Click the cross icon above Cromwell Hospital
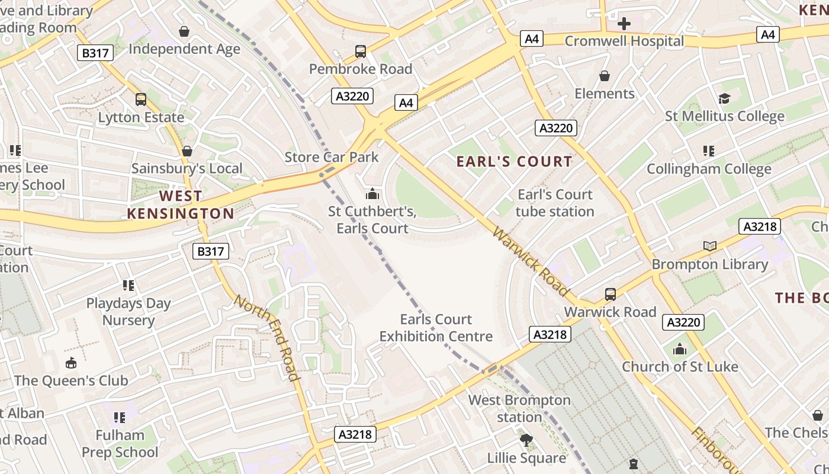[x=624, y=24]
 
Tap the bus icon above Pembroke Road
[x=361, y=52]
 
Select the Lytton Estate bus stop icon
[x=141, y=100]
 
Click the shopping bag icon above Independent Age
[x=184, y=31]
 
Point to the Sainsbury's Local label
[x=187, y=168]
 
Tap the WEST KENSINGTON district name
[x=181, y=204]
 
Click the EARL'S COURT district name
[x=515, y=161]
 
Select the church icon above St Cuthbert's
[x=372, y=194]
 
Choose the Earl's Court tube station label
[x=554, y=203]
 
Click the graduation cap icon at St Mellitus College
[x=724, y=98]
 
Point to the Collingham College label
[x=709, y=169]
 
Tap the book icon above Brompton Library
[x=709, y=246]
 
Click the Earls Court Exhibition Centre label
[x=436, y=328]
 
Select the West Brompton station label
[x=519, y=408]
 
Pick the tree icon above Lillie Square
[x=526, y=440]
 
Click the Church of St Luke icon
[x=680, y=350]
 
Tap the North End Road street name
[x=266, y=337]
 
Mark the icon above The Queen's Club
[x=70, y=363]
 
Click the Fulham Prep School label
[x=120, y=444]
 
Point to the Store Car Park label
[x=331, y=157]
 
